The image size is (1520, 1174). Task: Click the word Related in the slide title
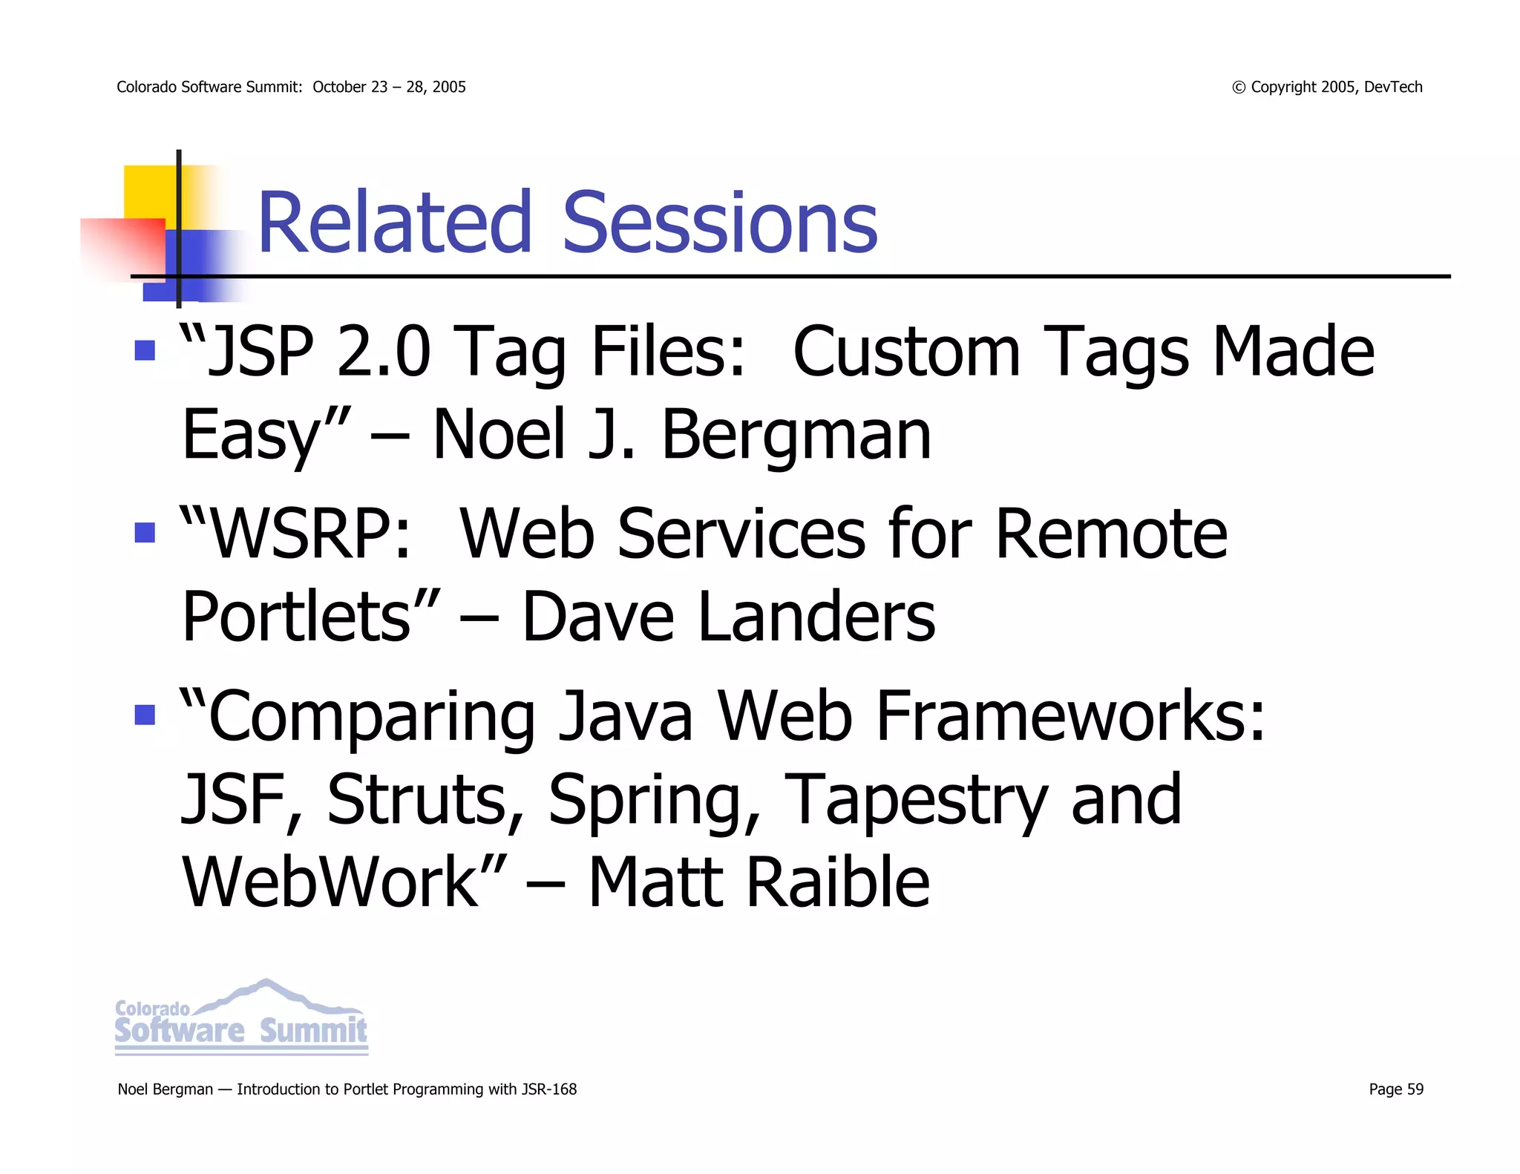tap(394, 223)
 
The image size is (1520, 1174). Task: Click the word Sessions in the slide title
tap(719, 223)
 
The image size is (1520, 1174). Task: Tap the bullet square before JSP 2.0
tap(145, 350)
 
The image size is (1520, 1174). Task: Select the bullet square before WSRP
tap(145, 532)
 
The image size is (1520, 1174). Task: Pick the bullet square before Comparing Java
tap(145, 715)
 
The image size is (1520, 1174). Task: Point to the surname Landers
tap(816, 617)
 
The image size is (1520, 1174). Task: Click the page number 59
tap(1415, 1089)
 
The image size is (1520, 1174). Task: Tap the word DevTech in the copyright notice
tap(1392, 87)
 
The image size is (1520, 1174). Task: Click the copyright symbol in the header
tap(1239, 88)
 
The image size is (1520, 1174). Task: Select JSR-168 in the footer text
tap(548, 1089)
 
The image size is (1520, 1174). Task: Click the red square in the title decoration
tap(122, 246)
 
